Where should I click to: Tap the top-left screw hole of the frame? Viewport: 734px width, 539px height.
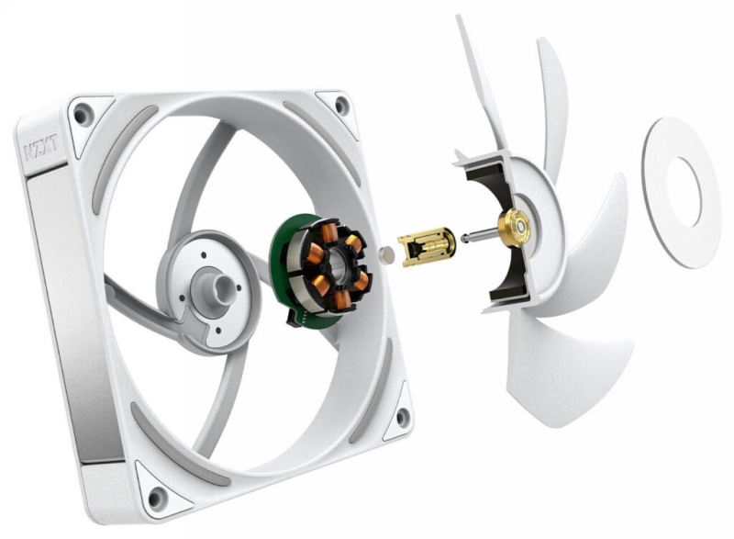[83, 116]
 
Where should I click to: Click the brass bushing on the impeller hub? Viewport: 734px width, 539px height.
[513, 225]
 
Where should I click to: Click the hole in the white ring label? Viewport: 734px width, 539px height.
[684, 189]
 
